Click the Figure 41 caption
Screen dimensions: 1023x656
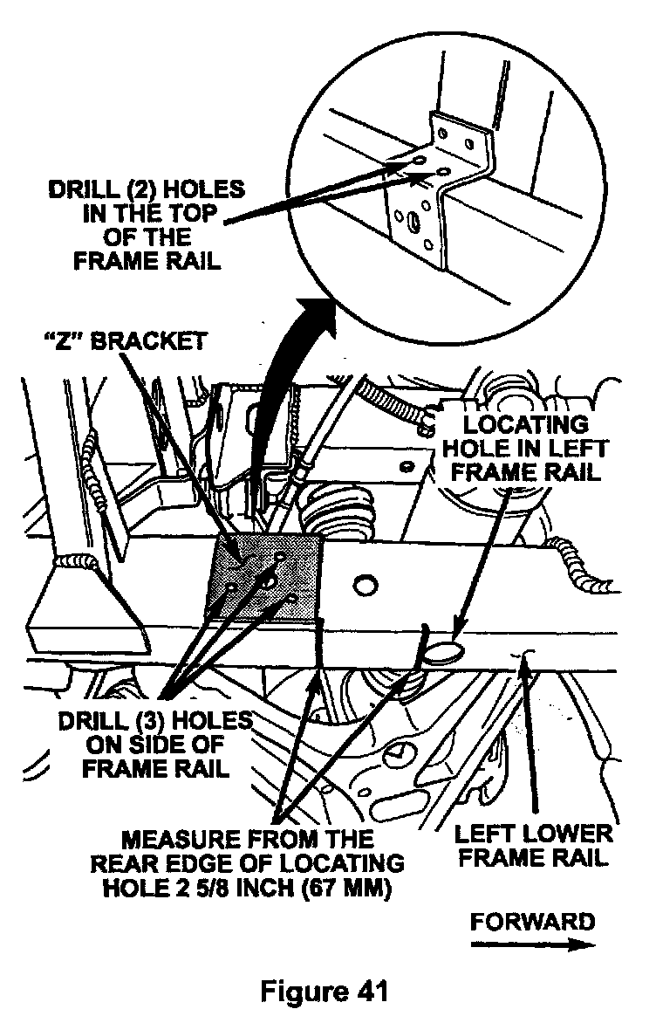(x=327, y=991)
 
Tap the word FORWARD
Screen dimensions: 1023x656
(x=532, y=923)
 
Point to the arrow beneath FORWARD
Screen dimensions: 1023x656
(x=532, y=944)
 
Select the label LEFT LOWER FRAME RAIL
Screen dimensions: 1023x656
(x=533, y=844)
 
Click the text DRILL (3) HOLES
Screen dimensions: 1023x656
(x=154, y=722)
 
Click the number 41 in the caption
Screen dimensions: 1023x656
(x=366, y=991)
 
